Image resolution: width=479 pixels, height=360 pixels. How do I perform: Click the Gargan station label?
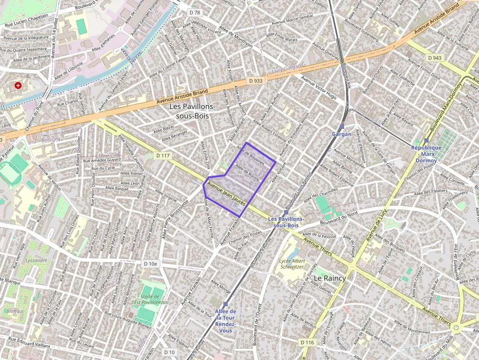click(x=342, y=134)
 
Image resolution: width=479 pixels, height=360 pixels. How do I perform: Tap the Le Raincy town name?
click(x=329, y=278)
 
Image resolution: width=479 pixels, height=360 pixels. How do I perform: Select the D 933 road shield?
click(x=255, y=81)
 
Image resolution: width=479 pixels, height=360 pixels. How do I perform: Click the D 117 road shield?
click(x=163, y=155)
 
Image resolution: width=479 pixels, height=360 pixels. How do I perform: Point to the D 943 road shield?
click(x=435, y=58)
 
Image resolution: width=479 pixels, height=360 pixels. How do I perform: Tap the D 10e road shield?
click(x=151, y=264)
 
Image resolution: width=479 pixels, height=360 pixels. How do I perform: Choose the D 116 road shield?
click(x=307, y=342)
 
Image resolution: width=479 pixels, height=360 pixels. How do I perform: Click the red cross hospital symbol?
click(x=19, y=85)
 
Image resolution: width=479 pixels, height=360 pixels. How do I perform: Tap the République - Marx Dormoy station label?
click(x=426, y=153)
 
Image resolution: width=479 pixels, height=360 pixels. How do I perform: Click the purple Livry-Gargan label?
click(x=287, y=69)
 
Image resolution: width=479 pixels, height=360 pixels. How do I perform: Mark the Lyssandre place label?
click(x=36, y=260)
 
